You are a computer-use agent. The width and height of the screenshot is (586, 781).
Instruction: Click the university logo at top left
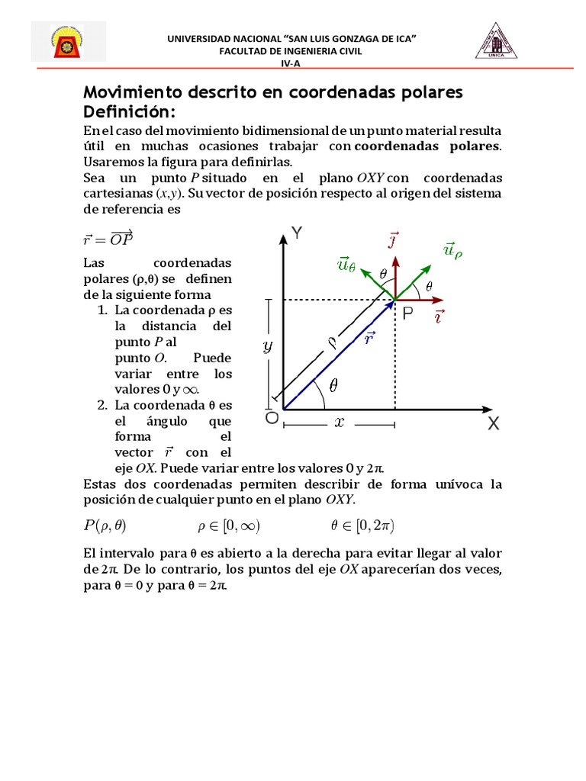[x=69, y=41]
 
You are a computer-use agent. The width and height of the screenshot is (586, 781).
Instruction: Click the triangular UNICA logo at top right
[x=497, y=40]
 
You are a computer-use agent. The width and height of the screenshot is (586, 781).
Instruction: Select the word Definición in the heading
[x=130, y=112]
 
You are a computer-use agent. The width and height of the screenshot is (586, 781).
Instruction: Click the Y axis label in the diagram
[x=297, y=234]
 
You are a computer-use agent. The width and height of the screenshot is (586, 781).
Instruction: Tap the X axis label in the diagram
[x=494, y=425]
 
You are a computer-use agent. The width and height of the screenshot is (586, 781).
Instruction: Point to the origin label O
[x=271, y=419]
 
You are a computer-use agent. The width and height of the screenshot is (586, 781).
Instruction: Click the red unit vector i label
[x=440, y=316]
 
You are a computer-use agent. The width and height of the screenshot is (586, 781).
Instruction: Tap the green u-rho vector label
[x=452, y=251]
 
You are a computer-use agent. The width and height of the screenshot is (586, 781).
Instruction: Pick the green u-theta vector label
[x=346, y=264]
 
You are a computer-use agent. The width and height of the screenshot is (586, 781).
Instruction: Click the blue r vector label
[x=369, y=338]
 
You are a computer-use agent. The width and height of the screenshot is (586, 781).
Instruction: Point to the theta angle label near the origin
[x=332, y=387]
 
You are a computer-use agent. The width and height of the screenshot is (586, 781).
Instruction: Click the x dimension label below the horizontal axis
[x=339, y=422]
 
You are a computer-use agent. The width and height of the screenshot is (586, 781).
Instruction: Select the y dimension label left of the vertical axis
[x=267, y=346]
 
